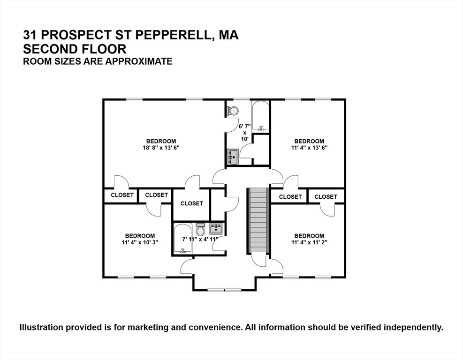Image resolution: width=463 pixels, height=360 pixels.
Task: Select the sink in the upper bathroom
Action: (x=232, y=157)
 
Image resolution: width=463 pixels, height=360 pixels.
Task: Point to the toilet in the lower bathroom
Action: (x=200, y=230)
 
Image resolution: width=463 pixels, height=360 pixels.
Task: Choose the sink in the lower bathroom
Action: (x=216, y=229)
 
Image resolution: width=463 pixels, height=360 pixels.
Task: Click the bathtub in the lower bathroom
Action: (x=183, y=239)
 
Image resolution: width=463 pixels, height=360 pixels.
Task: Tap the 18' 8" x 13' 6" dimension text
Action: (x=161, y=148)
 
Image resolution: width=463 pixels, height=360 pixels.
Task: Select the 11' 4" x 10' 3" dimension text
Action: (x=140, y=242)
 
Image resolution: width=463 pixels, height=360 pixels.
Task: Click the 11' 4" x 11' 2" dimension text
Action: (x=309, y=242)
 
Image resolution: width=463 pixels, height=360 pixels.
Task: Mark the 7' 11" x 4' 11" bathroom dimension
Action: (x=200, y=240)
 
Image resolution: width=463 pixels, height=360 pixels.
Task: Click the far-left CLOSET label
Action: (x=122, y=195)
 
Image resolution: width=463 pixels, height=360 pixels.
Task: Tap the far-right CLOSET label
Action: (x=326, y=197)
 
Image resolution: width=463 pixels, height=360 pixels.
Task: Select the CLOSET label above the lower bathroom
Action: (x=191, y=203)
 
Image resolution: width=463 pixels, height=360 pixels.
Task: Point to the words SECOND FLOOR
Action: (x=75, y=48)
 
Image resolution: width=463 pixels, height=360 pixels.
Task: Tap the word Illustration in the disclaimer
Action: (x=42, y=327)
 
